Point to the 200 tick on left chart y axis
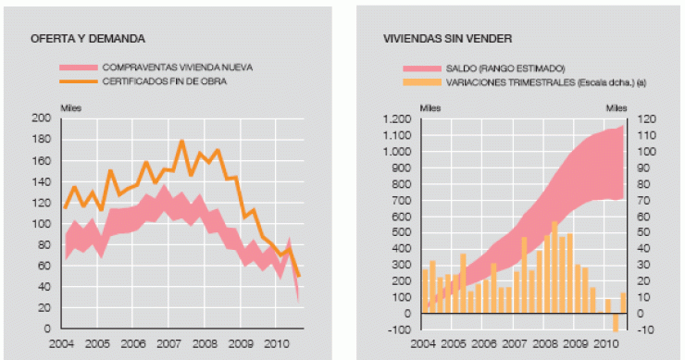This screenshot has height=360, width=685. (x=41, y=118)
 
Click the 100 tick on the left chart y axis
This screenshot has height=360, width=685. (x=41, y=224)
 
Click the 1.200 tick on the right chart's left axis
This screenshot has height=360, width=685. (x=397, y=119)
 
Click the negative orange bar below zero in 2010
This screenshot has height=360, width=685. (x=615, y=321)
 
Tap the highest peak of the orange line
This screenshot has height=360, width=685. (x=181, y=142)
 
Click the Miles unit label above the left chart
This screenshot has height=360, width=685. (x=71, y=107)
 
